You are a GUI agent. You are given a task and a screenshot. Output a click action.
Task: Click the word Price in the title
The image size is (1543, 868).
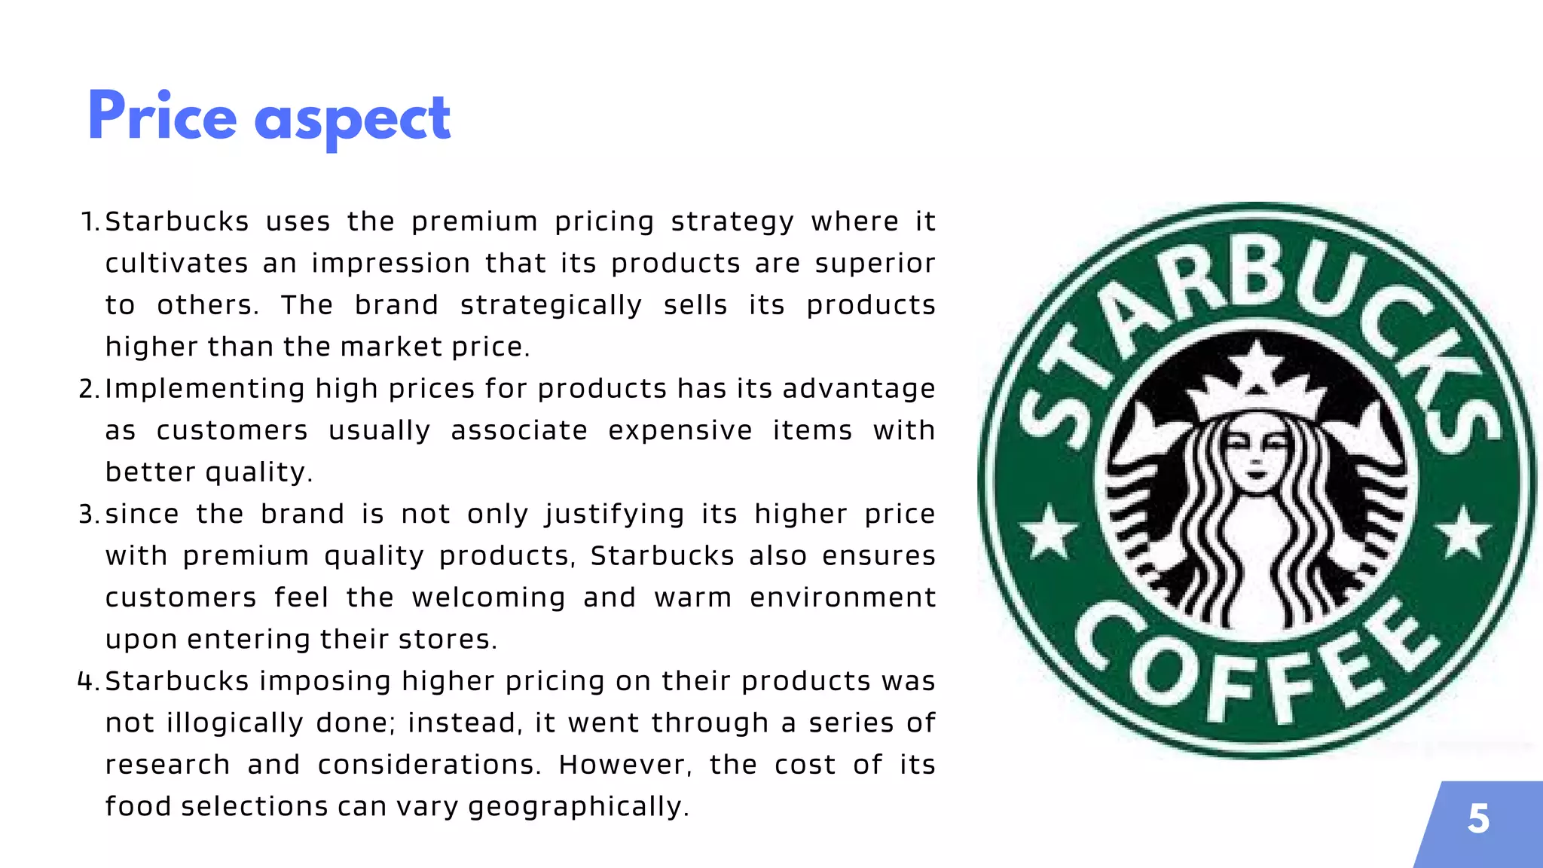pos(162,117)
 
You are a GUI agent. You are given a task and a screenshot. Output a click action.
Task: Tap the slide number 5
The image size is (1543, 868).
pos(1478,819)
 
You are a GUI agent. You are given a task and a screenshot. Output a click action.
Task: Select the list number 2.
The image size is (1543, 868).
pos(88,390)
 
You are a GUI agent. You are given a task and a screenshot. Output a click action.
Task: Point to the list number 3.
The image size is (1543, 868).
pos(88,515)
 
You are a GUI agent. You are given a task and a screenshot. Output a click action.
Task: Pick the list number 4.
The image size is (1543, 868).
pos(87,682)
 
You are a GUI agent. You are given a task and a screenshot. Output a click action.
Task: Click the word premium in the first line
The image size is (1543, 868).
pos(474,222)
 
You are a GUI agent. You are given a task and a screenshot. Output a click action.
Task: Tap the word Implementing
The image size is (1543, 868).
pos(204,390)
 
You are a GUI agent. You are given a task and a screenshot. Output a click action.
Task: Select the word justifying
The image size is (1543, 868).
pos(614,515)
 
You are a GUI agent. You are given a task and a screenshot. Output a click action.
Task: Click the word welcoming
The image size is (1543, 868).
pos(488,598)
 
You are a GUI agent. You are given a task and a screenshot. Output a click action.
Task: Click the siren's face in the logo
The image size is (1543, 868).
pos(1256,456)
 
